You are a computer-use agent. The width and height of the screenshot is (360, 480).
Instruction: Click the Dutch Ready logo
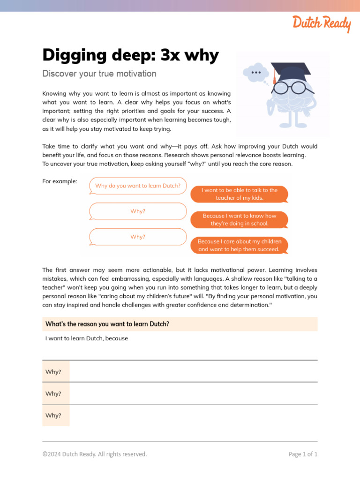click(322, 23)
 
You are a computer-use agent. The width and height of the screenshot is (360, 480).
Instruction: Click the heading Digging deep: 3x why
click(130, 55)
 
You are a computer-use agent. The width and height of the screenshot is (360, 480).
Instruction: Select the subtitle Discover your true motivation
click(99, 74)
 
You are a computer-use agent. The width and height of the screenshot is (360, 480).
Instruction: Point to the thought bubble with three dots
click(256, 73)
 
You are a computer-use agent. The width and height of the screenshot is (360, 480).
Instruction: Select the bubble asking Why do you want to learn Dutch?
click(138, 186)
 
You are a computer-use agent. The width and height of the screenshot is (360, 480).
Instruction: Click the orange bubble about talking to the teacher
click(239, 194)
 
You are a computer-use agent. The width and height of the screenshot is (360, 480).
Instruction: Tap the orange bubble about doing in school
click(239, 219)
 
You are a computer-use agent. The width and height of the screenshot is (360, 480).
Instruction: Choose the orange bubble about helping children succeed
click(239, 245)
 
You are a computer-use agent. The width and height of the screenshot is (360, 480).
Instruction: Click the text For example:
click(60, 181)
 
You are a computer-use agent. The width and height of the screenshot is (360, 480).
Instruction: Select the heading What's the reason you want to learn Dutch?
click(107, 324)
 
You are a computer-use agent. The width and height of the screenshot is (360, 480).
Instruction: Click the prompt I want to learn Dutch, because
click(86, 338)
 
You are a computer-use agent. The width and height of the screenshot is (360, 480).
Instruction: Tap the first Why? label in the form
click(53, 372)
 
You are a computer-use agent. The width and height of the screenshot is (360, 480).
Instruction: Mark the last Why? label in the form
click(53, 415)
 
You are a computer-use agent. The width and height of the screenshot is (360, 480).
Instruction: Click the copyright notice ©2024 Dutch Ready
click(94, 454)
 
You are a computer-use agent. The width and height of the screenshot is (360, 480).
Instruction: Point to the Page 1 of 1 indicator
click(303, 454)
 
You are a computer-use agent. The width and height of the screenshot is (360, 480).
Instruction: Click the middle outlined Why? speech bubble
click(138, 211)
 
